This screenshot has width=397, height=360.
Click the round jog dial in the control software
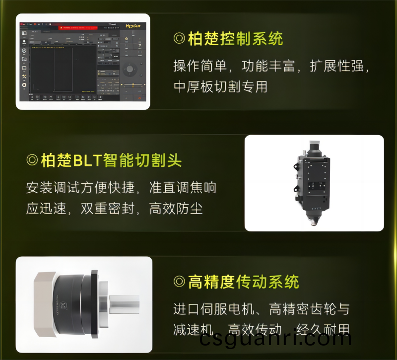[x=130, y=69]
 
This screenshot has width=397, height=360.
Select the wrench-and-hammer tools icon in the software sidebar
[x=24, y=76]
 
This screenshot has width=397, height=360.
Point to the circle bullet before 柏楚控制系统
[x=179, y=39]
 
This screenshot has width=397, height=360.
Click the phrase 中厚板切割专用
[x=220, y=86]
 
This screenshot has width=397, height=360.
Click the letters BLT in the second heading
[x=87, y=160]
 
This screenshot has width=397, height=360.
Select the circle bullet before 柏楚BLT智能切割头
[x=32, y=160]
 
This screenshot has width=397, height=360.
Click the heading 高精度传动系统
[x=243, y=282]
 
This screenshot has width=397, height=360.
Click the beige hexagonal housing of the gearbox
[x=42, y=304]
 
